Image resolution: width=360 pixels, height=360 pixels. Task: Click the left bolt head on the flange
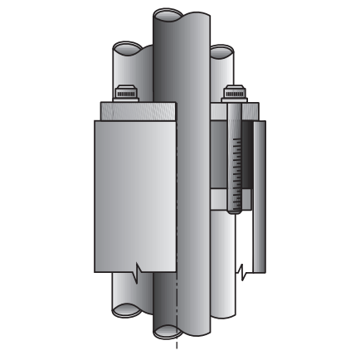coord(126,92)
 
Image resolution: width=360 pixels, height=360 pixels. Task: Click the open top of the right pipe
coord(221,52)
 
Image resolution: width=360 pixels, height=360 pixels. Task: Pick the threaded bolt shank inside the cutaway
coord(236,162)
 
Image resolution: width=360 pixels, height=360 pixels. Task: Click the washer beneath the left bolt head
coord(126,100)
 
